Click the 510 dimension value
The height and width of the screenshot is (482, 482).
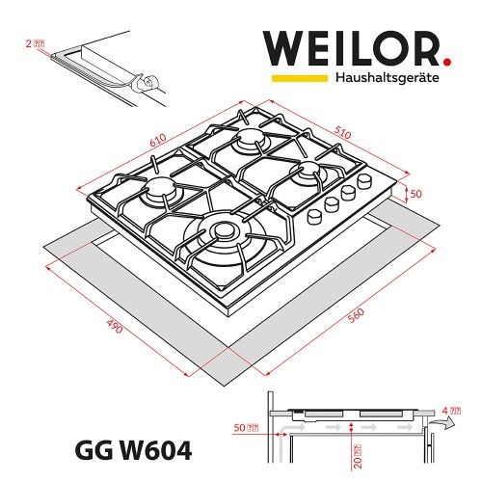[x=340, y=127]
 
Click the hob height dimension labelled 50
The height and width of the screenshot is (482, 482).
[x=416, y=195]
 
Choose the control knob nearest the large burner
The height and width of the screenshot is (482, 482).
[x=314, y=217]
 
